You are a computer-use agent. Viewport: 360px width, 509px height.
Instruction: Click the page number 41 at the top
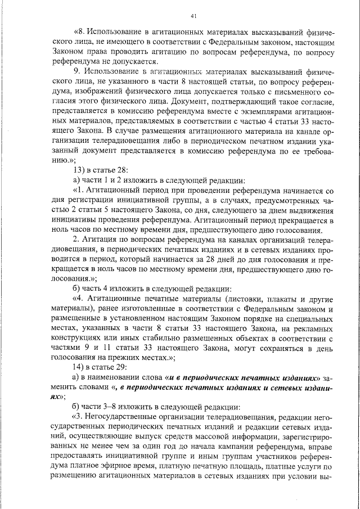click(194, 16)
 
